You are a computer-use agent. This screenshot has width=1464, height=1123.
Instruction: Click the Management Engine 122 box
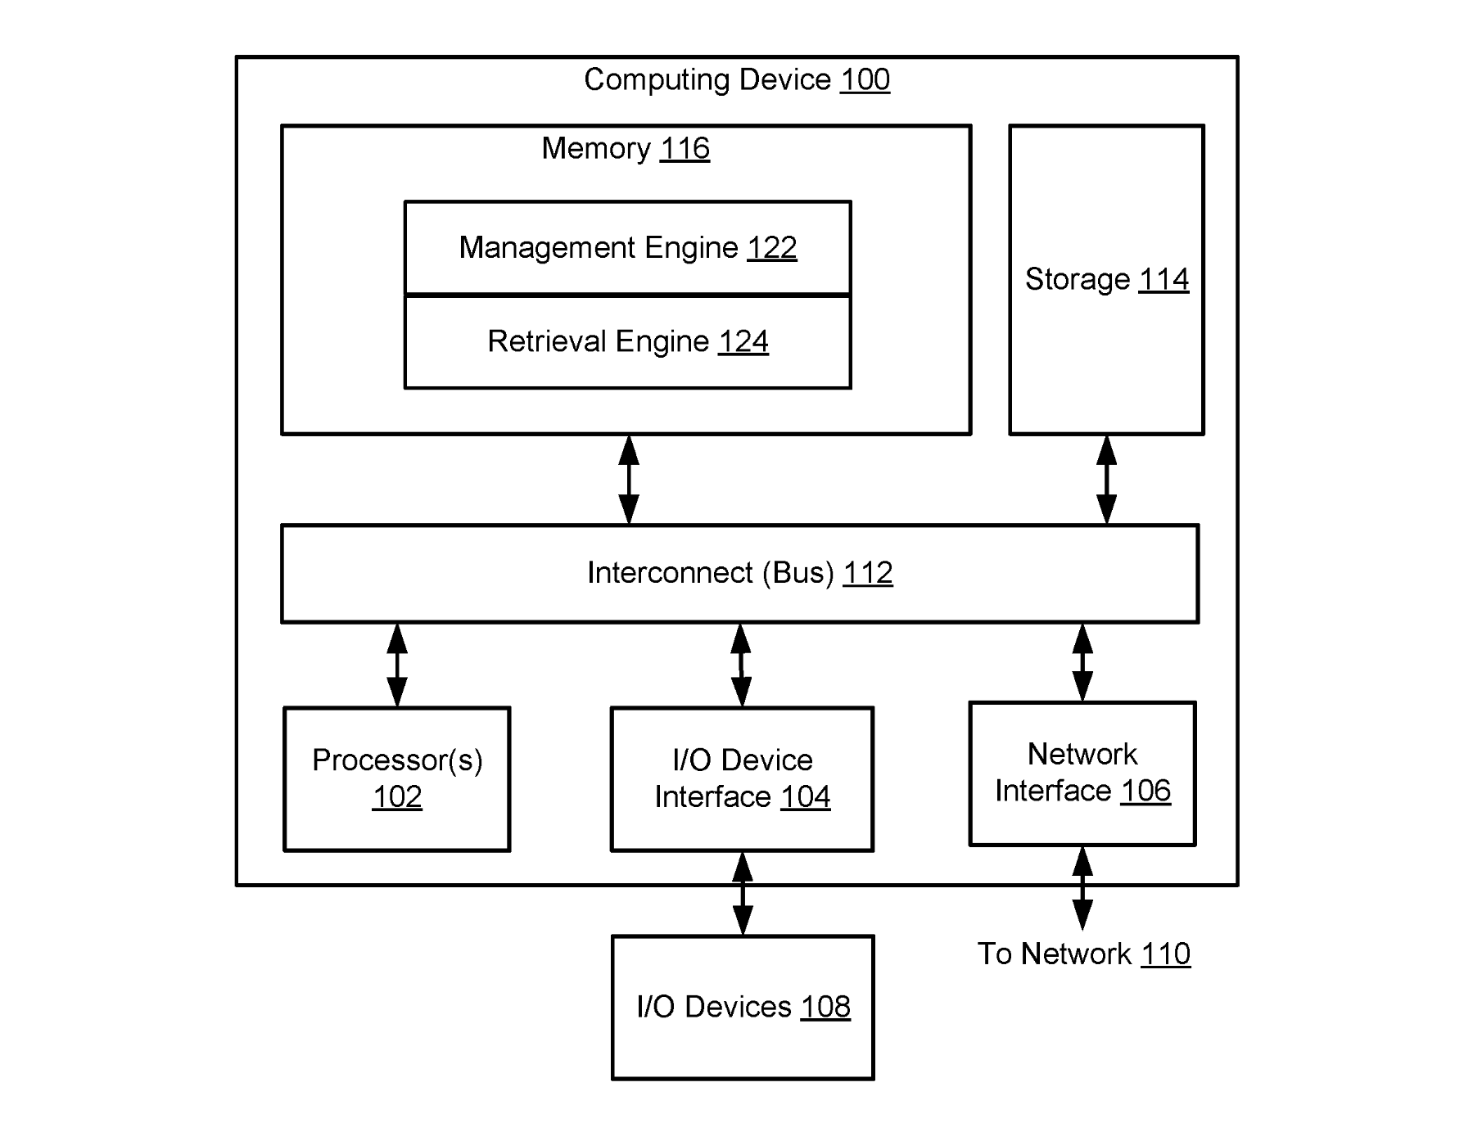628,248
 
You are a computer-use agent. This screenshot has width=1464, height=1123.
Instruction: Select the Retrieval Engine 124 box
628,341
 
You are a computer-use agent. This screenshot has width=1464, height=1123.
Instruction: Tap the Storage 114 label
1107,280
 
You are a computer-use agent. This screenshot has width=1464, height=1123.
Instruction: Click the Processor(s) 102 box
397,779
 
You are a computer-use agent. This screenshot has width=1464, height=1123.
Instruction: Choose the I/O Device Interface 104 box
743,779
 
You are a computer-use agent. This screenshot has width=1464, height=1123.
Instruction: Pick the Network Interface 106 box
1082,773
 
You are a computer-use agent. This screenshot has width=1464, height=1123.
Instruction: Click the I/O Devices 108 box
743,1008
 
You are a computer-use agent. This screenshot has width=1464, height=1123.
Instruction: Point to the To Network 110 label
1084,954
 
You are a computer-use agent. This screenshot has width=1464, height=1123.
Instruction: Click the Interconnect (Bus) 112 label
740,573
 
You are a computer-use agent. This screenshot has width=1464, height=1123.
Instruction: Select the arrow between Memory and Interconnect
629,480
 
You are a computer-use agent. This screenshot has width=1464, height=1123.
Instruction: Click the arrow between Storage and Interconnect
1106,480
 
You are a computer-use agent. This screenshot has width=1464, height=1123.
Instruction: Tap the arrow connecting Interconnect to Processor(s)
397,665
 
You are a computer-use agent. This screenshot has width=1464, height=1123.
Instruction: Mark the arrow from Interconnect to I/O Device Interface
741,665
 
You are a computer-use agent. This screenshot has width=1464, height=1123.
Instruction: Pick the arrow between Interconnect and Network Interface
1082,662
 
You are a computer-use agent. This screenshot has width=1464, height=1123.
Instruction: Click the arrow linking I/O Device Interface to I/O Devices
743,894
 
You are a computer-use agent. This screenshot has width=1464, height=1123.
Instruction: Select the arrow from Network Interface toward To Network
1082,888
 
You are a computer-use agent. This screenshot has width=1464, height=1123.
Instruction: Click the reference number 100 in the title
865,79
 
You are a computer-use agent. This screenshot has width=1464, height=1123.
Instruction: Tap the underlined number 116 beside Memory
685,148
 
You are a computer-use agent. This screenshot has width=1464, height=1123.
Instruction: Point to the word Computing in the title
657,80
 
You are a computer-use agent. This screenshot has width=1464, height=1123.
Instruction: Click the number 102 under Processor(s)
397,796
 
